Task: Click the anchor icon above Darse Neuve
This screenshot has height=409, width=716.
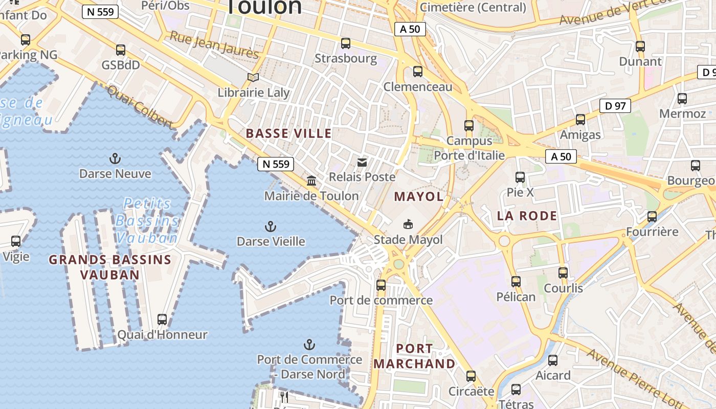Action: (115, 158)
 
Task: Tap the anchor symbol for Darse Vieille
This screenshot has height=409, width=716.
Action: (271, 226)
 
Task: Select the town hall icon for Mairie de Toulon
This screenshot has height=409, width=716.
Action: (311, 180)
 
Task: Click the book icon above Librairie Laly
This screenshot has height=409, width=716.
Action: (253, 78)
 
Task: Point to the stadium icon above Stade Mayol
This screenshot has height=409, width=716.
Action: (408, 224)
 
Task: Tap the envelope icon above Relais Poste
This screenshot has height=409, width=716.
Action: (362, 163)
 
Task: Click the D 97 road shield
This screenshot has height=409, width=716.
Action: (615, 106)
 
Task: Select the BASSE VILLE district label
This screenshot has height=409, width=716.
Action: (289, 134)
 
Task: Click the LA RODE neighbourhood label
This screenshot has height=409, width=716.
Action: (527, 216)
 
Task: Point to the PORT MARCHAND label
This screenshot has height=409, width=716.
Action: (414, 356)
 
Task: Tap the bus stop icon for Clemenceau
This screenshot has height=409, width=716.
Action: (418, 72)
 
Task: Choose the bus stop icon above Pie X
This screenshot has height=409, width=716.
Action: (520, 177)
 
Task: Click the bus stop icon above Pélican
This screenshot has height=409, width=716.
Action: (516, 282)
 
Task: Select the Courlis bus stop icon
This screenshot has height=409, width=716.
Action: (563, 273)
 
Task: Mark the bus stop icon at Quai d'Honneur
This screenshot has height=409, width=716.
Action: (162, 320)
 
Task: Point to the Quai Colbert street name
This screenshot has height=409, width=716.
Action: (139, 107)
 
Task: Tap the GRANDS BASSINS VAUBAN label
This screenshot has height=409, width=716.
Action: (110, 267)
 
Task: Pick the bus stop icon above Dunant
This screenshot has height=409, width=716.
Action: (640, 47)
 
